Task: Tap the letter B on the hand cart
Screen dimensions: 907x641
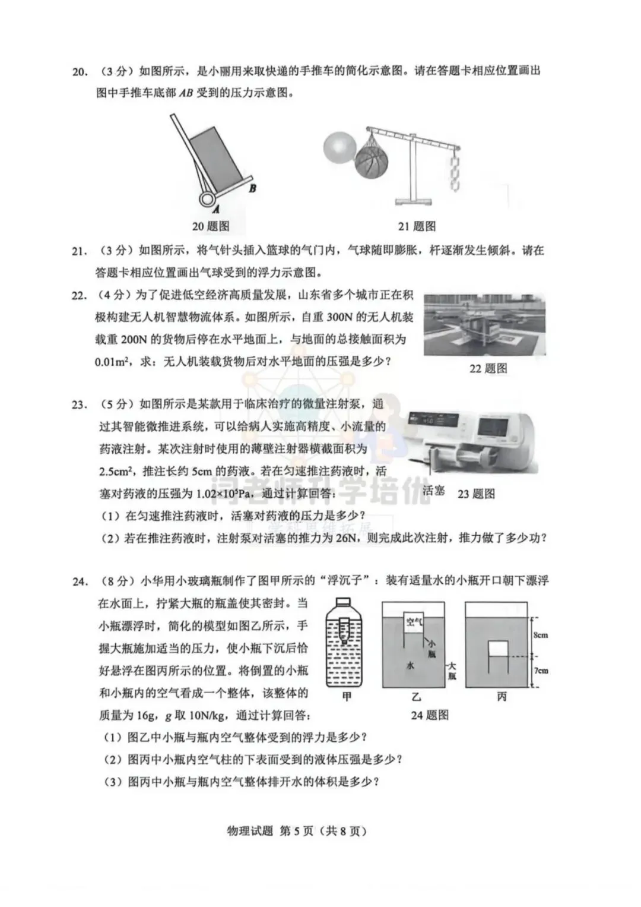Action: (252, 188)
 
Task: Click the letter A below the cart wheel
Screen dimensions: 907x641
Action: (216, 209)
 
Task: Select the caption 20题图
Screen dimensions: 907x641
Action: (210, 226)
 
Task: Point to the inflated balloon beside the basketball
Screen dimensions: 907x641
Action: (339, 148)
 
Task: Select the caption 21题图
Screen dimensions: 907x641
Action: (417, 226)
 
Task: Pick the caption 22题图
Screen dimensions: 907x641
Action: (488, 368)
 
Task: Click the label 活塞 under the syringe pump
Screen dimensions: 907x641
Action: (434, 491)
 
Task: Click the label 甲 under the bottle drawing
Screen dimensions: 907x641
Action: (347, 697)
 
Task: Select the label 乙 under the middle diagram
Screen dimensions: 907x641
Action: (415, 697)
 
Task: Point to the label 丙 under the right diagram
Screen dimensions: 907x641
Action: (502, 697)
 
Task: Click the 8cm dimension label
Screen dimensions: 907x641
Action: (540, 635)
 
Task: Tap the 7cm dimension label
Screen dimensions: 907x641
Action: (540, 671)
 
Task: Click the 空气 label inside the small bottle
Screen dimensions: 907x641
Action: (414, 622)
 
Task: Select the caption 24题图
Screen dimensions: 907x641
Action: (430, 715)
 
